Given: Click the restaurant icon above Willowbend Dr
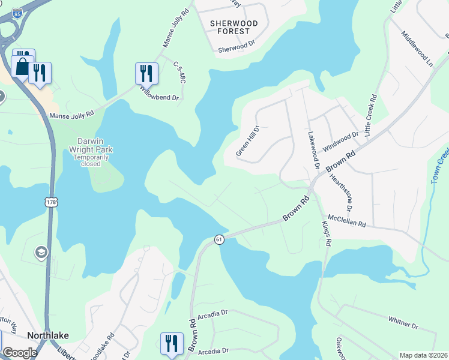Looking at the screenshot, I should [146, 73].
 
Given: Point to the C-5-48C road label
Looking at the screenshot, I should [179, 72].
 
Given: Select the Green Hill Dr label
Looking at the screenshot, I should [247, 141].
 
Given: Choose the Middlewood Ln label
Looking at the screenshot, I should [418, 49].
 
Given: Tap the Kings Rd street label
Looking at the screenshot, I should [327, 233].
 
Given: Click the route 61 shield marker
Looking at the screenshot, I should [219, 239].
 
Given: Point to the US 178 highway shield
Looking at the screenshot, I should [52, 203].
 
